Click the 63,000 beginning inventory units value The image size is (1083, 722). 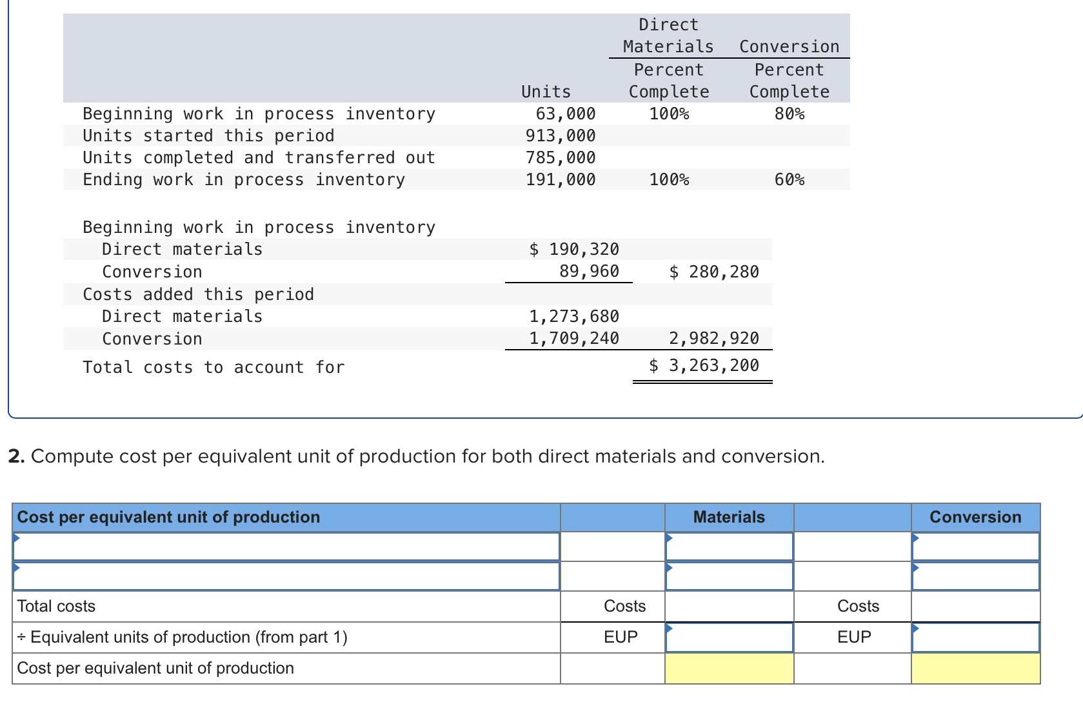[x=565, y=114]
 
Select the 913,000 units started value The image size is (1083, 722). [x=560, y=136]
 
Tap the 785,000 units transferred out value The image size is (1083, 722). [x=560, y=158]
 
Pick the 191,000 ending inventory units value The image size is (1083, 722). [x=560, y=180]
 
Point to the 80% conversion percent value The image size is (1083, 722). [x=789, y=114]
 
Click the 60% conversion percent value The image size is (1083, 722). [x=789, y=180]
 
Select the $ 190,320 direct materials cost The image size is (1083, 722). [x=573, y=250]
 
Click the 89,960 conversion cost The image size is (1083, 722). [x=588, y=272]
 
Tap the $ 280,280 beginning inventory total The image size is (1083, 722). [x=713, y=272]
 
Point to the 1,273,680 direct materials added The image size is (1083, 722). [x=573, y=317]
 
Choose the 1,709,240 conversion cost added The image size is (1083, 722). [x=573, y=339]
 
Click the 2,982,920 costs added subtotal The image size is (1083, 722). [x=713, y=339]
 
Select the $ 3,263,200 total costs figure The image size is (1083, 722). [x=704, y=366]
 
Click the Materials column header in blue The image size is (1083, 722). [x=729, y=517]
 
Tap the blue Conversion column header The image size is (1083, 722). [x=975, y=517]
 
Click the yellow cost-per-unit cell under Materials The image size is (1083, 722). [x=729, y=668]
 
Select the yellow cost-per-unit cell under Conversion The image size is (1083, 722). [x=975, y=668]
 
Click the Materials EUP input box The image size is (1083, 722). [x=729, y=637]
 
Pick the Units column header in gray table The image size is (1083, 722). [x=546, y=92]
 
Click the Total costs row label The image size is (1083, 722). [x=56, y=607]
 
